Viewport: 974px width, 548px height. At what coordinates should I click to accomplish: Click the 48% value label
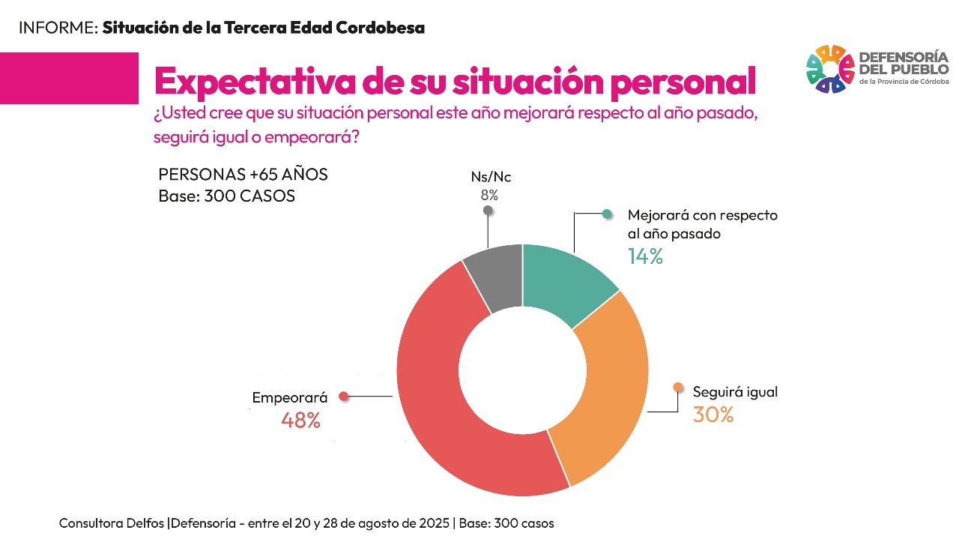300,421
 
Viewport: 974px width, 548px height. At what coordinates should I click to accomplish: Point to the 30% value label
713,414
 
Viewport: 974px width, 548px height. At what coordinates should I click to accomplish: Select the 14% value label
645,256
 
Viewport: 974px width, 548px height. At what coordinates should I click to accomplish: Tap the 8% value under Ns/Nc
489,195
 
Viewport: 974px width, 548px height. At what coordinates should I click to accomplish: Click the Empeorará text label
289,398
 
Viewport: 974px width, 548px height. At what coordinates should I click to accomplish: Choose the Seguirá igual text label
735,391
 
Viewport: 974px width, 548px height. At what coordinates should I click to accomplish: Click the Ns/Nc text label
490,178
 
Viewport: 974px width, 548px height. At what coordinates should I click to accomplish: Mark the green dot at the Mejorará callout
607,214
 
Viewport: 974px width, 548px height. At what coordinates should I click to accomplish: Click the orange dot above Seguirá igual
678,388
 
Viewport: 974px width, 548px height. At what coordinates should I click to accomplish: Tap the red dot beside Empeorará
343,397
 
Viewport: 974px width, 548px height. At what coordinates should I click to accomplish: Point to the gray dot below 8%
488,211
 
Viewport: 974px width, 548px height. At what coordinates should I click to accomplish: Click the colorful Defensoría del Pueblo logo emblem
830,68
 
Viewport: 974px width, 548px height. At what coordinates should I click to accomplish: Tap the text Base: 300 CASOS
226,196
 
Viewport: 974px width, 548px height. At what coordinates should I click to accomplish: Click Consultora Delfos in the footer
112,523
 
